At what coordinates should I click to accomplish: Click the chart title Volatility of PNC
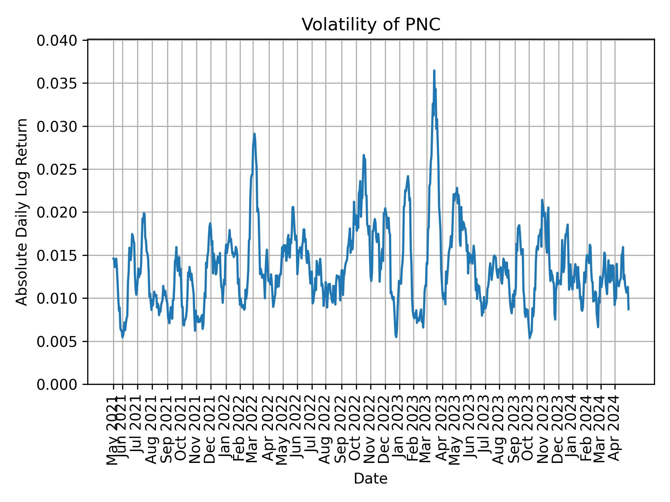[x=371, y=25]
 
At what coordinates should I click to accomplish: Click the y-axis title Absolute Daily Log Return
[x=22, y=212]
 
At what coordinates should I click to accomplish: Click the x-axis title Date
[x=371, y=479]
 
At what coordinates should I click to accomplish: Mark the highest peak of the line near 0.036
[x=434, y=71]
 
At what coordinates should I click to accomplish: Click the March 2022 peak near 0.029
[x=254, y=134]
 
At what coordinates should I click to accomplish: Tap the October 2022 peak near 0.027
[x=364, y=155]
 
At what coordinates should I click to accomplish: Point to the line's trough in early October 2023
[x=530, y=338]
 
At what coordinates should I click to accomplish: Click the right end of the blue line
[x=628, y=309]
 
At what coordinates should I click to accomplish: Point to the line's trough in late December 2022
[x=396, y=336]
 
